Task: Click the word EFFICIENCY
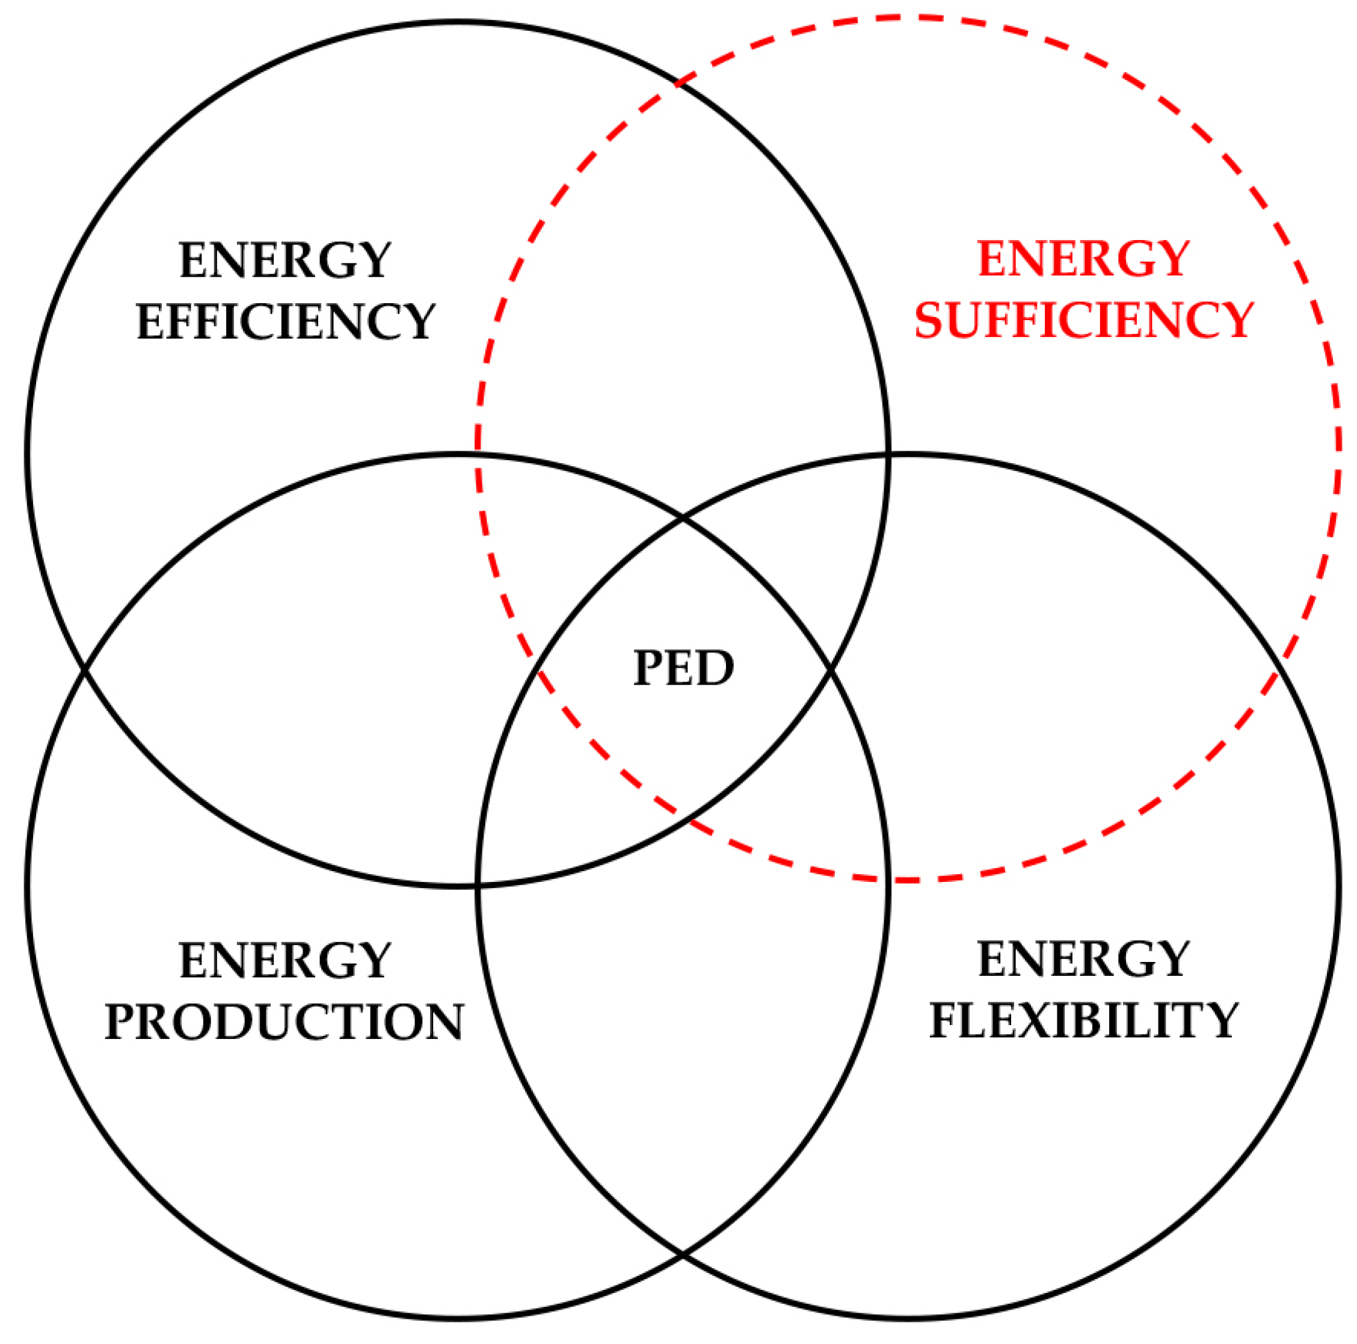click(x=285, y=322)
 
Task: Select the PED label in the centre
click(x=683, y=668)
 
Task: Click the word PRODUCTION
click(x=285, y=1022)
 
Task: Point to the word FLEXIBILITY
click(x=1083, y=1020)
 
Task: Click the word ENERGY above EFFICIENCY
click(x=285, y=260)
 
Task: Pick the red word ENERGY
click(x=1083, y=259)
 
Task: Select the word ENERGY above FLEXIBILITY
click(x=1083, y=960)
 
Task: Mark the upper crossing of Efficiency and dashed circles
click(x=678, y=84)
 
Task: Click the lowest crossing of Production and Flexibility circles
click(x=683, y=1253)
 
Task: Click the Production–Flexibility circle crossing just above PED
click(x=683, y=519)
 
